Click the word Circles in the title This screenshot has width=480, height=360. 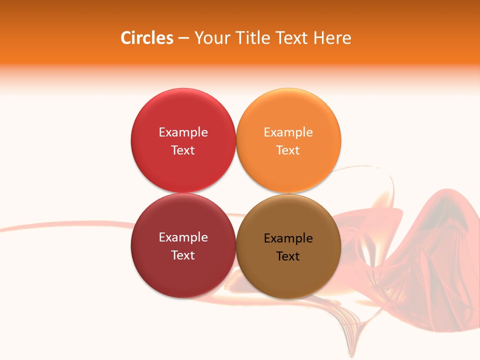(x=146, y=38)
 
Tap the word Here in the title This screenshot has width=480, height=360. (x=332, y=38)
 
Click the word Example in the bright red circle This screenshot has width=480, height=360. (x=183, y=132)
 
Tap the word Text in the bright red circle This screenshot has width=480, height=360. (x=183, y=150)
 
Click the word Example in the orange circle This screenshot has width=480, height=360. (x=288, y=132)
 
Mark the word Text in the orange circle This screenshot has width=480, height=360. (x=288, y=150)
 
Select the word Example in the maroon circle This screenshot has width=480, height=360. (x=183, y=237)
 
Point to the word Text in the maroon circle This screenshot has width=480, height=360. (x=183, y=255)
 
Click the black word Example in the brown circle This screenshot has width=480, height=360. (x=288, y=238)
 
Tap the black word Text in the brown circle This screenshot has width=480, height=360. (x=288, y=256)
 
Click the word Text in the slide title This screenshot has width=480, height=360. (x=292, y=38)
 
